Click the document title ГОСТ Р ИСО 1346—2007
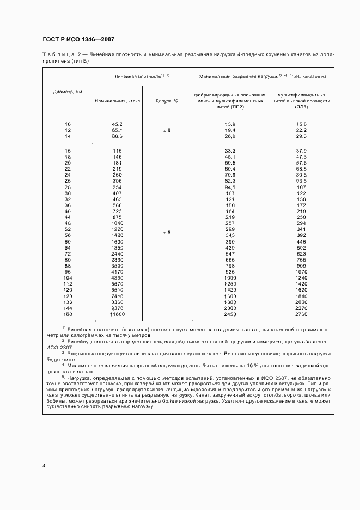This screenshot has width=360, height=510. click(78, 40)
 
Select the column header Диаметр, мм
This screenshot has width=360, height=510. click(68, 92)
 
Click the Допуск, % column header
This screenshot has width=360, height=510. click(167, 101)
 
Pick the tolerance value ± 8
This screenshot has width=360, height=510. click(167, 131)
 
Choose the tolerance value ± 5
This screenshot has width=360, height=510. click(167, 233)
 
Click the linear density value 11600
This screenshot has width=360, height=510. click(117, 315)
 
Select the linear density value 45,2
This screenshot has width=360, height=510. click(117, 124)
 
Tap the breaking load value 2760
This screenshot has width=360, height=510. click(301, 315)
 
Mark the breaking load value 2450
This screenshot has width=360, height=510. click(230, 315)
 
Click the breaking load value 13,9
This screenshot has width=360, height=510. click(230, 124)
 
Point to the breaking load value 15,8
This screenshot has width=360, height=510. click(301, 124)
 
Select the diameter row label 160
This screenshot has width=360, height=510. click(68, 315)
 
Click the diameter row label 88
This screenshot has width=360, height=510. click(68, 265)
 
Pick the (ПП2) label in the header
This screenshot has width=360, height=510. click(230, 107)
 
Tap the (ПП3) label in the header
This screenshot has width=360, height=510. click(301, 107)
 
